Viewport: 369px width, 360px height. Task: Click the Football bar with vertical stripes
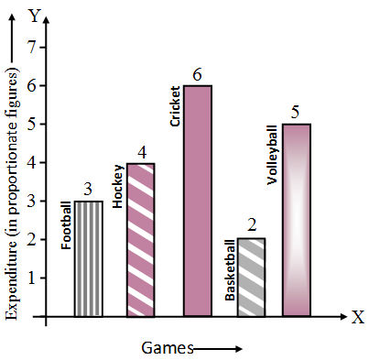click(x=88, y=259)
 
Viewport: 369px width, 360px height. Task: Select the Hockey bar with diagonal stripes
click(x=139, y=240)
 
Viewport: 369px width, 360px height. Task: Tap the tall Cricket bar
click(x=198, y=201)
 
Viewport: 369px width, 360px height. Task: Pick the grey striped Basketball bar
click(x=252, y=278)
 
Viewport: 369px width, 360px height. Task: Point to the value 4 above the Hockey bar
click(x=139, y=152)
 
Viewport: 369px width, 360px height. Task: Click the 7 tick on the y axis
click(x=33, y=47)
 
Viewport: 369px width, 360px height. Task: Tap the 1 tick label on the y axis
click(x=33, y=278)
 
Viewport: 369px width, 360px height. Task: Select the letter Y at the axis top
click(x=35, y=16)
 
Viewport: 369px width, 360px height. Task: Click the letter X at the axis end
click(x=356, y=317)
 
